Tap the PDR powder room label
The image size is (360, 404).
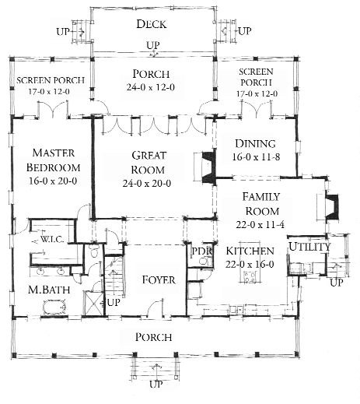(x=201, y=251)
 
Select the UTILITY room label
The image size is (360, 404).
(x=309, y=248)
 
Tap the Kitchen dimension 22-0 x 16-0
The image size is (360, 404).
(x=250, y=265)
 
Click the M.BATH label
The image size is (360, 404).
(x=44, y=290)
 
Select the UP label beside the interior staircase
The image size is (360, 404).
(x=113, y=302)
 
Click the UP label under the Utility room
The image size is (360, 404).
(x=336, y=282)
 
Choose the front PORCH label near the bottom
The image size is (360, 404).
(x=154, y=337)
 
